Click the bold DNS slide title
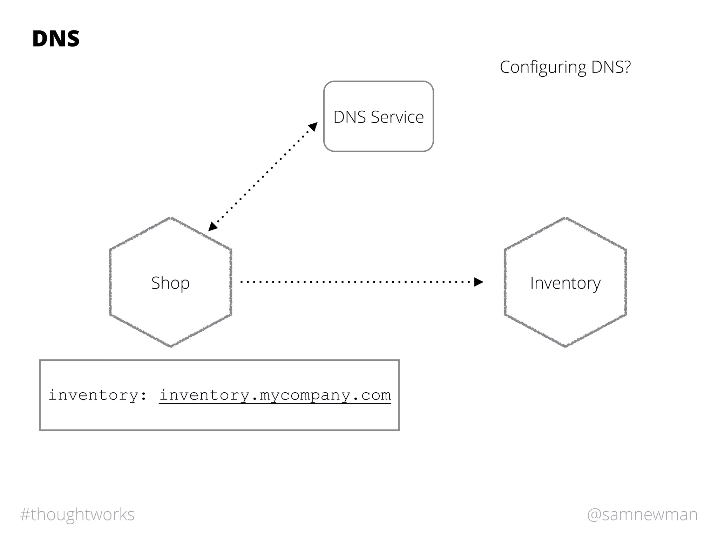pyautogui.click(x=56, y=39)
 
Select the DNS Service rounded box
pyautogui.click(x=378, y=140)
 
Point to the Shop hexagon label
pyautogui.click(x=170, y=283)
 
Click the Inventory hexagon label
pyautogui.click(x=565, y=283)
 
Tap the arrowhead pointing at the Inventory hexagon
pyautogui.click(x=479, y=282)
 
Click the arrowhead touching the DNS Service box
pyautogui.click(x=313, y=126)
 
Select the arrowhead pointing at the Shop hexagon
pyautogui.click(x=212, y=227)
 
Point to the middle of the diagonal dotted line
pyautogui.click(x=263, y=177)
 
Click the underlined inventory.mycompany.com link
pyautogui.click(x=275, y=395)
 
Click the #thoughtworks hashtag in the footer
pyautogui.click(x=77, y=515)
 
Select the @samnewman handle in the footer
pyautogui.click(x=642, y=515)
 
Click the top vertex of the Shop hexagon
pyautogui.click(x=171, y=218)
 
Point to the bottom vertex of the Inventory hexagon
pyautogui.click(x=565, y=347)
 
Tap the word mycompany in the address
pyautogui.click(x=305, y=395)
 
